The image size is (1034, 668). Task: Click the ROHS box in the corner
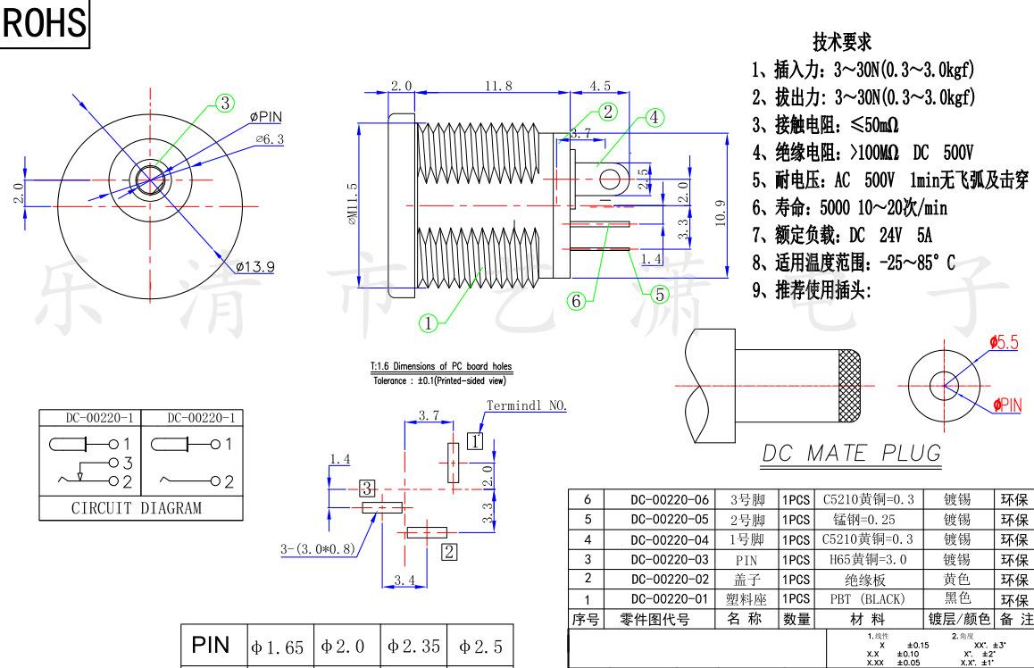(x=44, y=23)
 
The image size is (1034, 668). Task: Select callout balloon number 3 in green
(x=224, y=104)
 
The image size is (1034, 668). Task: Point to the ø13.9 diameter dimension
(x=255, y=266)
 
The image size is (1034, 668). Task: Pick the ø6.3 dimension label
(x=270, y=139)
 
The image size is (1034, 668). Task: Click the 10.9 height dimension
(x=721, y=213)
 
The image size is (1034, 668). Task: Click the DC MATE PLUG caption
(x=851, y=454)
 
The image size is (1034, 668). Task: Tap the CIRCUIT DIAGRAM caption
(x=136, y=508)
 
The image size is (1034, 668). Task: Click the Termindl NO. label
(x=527, y=405)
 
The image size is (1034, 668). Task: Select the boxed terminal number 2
(x=450, y=551)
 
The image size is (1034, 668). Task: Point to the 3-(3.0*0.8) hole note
(x=317, y=548)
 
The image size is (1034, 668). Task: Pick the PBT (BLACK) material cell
(x=870, y=598)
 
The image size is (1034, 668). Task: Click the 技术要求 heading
(x=842, y=42)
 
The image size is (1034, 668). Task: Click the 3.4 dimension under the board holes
(x=404, y=581)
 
